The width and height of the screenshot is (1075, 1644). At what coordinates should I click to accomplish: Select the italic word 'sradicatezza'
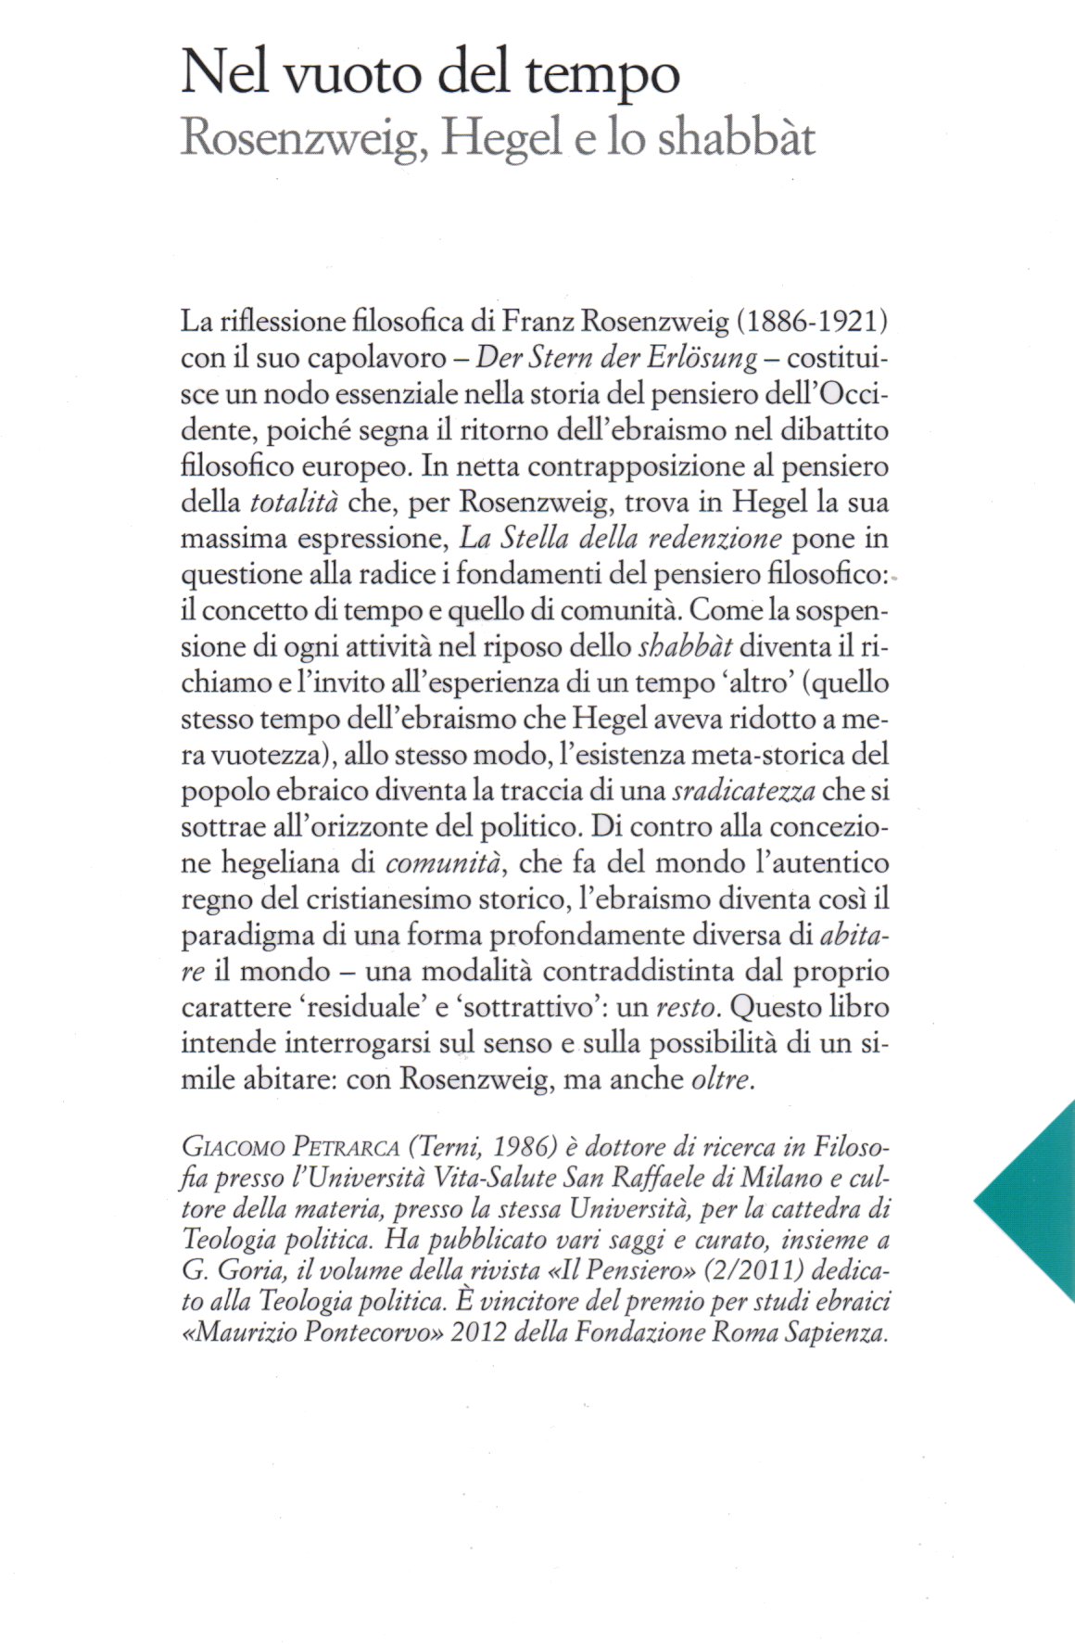[x=744, y=791]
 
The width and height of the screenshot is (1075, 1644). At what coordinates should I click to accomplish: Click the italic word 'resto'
[x=688, y=1007]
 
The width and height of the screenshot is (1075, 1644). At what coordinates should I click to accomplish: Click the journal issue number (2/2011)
[x=720, y=1270]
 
